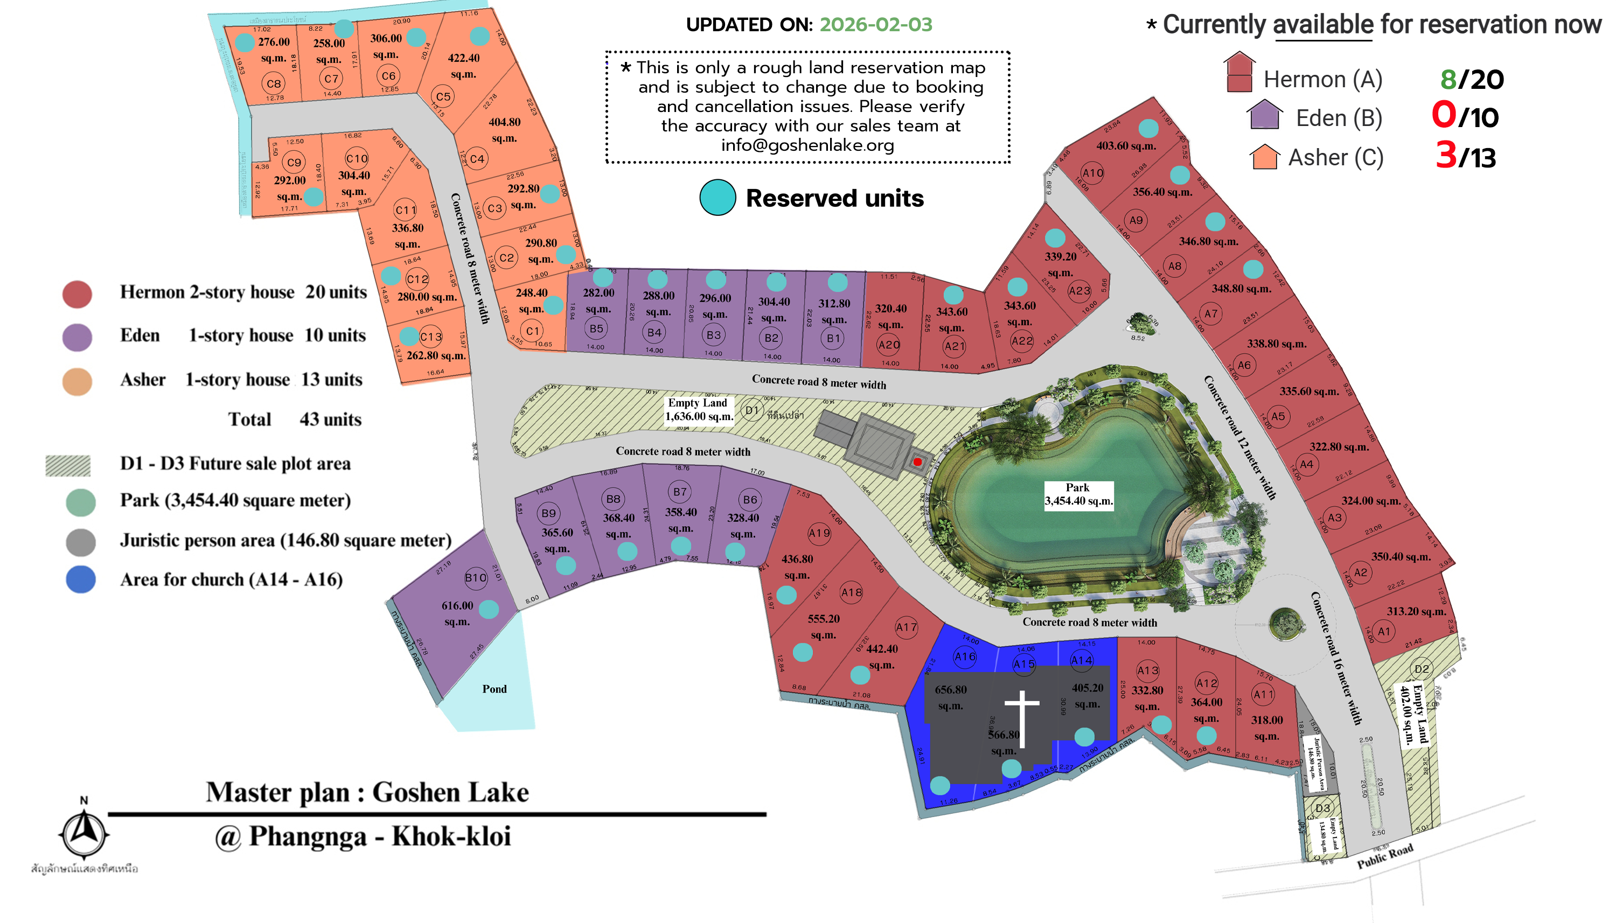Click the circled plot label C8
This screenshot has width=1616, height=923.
point(273,83)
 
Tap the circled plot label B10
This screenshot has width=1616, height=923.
point(476,577)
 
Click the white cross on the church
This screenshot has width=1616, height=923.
point(1021,716)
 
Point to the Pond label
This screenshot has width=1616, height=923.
point(494,689)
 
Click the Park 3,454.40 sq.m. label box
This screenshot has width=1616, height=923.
point(1078,494)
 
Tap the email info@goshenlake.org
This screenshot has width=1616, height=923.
point(807,145)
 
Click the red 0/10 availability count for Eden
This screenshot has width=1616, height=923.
point(1465,117)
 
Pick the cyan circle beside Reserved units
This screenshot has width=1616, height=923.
point(717,198)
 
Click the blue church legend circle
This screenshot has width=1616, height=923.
point(80,579)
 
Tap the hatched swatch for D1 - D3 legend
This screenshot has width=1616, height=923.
point(68,465)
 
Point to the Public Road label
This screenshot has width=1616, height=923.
point(1384,856)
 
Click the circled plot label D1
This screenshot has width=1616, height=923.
point(751,410)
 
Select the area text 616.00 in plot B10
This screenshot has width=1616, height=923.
point(457,605)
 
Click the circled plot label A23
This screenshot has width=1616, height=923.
point(1079,291)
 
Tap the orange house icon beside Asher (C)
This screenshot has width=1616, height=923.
point(1264,157)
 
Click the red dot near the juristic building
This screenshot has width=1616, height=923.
point(917,462)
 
